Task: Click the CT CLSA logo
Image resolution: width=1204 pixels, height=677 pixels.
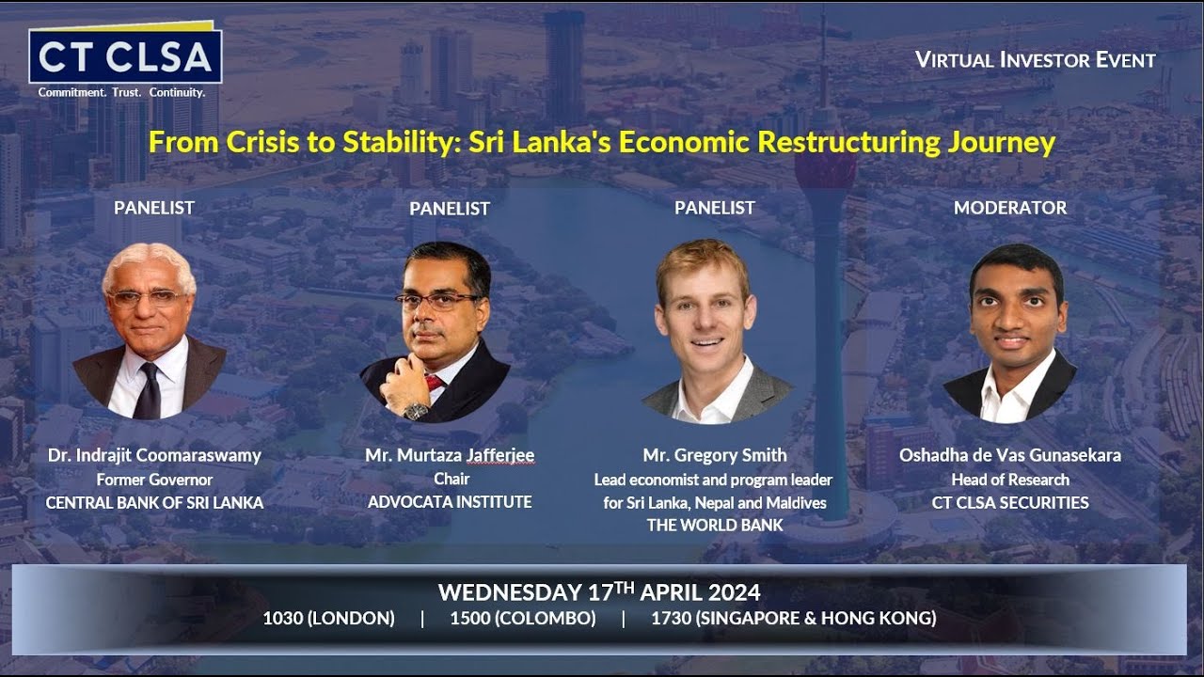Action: pyautogui.click(x=125, y=56)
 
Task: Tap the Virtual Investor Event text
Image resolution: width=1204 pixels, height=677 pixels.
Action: pyautogui.click(x=1035, y=60)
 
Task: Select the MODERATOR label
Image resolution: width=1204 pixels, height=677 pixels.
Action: pyautogui.click(x=1010, y=208)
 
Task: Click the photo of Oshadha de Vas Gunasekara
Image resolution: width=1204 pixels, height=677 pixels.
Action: pyautogui.click(x=1012, y=333)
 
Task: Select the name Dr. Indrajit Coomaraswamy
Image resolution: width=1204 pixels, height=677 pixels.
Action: pyautogui.click(x=154, y=455)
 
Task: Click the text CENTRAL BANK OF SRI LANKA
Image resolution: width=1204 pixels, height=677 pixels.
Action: pyautogui.click(x=154, y=502)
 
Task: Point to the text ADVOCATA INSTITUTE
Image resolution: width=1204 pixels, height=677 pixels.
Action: pyautogui.click(x=450, y=502)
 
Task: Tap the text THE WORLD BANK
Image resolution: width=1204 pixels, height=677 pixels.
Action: pyautogui.click(x=715, y=525)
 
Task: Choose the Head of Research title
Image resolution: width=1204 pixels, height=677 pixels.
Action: pyautogui.click(x=1010, y=480)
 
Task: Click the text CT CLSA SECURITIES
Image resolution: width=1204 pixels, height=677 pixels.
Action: pyautogui.click(x=1010, y=502)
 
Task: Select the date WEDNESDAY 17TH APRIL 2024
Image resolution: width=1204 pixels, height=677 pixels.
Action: pyautogui.click(x=599, y=592)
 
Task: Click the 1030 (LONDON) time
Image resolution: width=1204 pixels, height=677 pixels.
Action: pyautogui.click(x=328, y=618)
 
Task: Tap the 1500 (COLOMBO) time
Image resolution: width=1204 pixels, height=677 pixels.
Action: pyautogui.click(x=523, y=618)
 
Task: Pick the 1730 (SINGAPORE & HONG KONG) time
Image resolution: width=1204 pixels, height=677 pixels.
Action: pyautogui.click(x=793, y=618)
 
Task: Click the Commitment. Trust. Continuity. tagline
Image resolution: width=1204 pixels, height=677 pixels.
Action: pyautogui.click(x=121, y=93)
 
